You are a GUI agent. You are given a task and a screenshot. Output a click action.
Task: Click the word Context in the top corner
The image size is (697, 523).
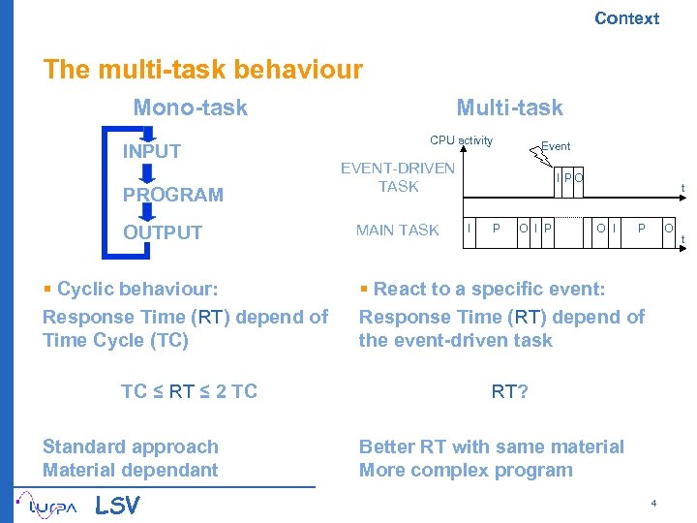[626, 18]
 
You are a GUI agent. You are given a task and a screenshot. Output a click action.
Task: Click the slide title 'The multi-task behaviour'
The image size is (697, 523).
[202, 70]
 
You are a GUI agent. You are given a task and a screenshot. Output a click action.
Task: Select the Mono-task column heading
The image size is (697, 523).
[190, 108]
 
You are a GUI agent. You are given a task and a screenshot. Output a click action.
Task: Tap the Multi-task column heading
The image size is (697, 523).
[509, 108]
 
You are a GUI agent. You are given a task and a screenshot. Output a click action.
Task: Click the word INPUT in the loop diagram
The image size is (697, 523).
[151, 151]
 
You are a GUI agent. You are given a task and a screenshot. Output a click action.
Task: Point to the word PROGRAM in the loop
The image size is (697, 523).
[172, 195]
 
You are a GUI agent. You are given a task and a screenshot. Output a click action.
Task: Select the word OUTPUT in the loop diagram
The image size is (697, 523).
[162, 232]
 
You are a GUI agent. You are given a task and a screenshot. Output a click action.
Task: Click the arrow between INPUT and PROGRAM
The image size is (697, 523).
[147, 173]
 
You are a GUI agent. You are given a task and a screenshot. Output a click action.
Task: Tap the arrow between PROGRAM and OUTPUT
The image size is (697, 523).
[147, 214]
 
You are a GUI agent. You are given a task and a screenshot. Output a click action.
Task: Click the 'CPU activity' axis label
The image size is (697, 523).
[461, 140]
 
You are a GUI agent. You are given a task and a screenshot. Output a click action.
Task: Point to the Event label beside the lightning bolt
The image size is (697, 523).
[556, 146]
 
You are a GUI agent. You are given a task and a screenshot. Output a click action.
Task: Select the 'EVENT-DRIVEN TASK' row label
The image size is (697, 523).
[398, 177]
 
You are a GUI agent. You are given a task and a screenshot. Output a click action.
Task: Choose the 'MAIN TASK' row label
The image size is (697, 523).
[397, 231]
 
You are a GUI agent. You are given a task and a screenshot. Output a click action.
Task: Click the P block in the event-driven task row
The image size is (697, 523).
[568, 176]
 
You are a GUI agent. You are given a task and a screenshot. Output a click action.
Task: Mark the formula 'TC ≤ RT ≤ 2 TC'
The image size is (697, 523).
[189, 391]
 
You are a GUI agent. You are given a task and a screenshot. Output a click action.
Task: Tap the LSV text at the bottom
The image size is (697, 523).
[117, 506]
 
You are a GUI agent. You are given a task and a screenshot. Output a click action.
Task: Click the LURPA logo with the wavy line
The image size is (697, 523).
[50, 505]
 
